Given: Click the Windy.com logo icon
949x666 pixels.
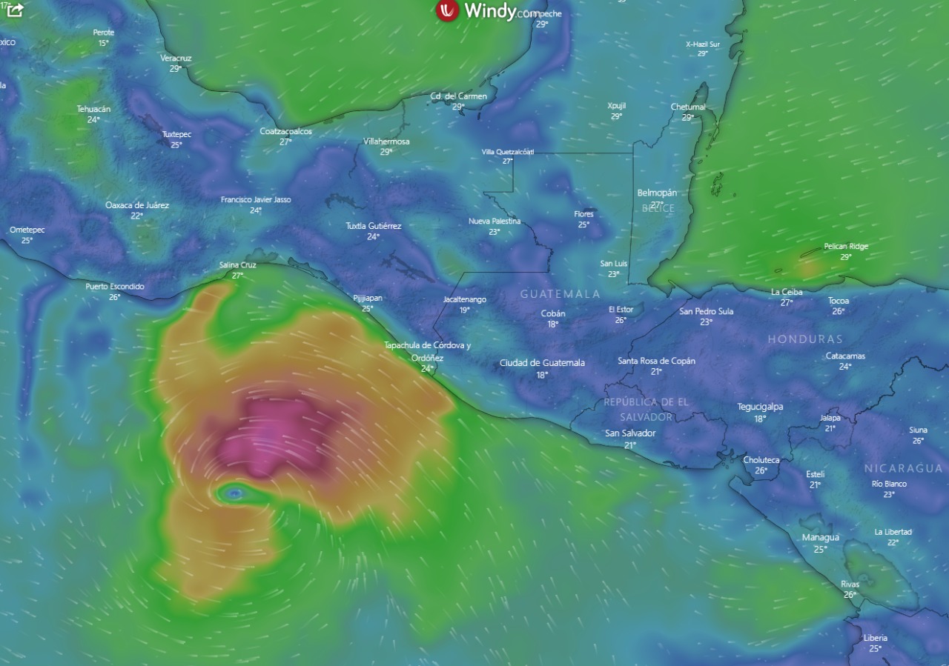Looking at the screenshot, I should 447,10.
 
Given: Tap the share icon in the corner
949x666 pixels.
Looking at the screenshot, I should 15,10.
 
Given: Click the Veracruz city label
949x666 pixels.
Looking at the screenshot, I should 176,58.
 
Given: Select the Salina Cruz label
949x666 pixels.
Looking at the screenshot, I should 237,264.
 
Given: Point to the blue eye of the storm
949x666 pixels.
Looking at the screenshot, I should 234,493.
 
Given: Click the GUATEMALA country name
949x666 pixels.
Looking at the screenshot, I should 560,294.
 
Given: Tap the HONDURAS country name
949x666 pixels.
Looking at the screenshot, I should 804,339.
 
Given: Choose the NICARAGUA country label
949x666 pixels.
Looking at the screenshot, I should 903,468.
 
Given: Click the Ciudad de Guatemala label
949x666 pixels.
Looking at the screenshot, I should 542,363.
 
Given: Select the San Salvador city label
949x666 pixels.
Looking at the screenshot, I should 630,433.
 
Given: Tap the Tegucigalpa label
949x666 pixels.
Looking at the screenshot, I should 760,407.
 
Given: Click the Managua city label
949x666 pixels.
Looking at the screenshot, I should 820,538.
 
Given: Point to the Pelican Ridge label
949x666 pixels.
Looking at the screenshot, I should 845,247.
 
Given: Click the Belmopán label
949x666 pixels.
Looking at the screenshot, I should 657,193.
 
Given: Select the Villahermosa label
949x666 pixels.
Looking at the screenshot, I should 386,141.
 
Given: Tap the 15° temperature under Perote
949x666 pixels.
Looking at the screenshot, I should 104,43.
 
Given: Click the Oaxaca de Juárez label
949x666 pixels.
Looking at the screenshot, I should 137,205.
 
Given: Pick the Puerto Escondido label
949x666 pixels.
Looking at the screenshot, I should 115,287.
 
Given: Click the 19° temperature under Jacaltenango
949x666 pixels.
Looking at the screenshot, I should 465,310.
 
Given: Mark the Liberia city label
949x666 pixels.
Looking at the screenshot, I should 875,638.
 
